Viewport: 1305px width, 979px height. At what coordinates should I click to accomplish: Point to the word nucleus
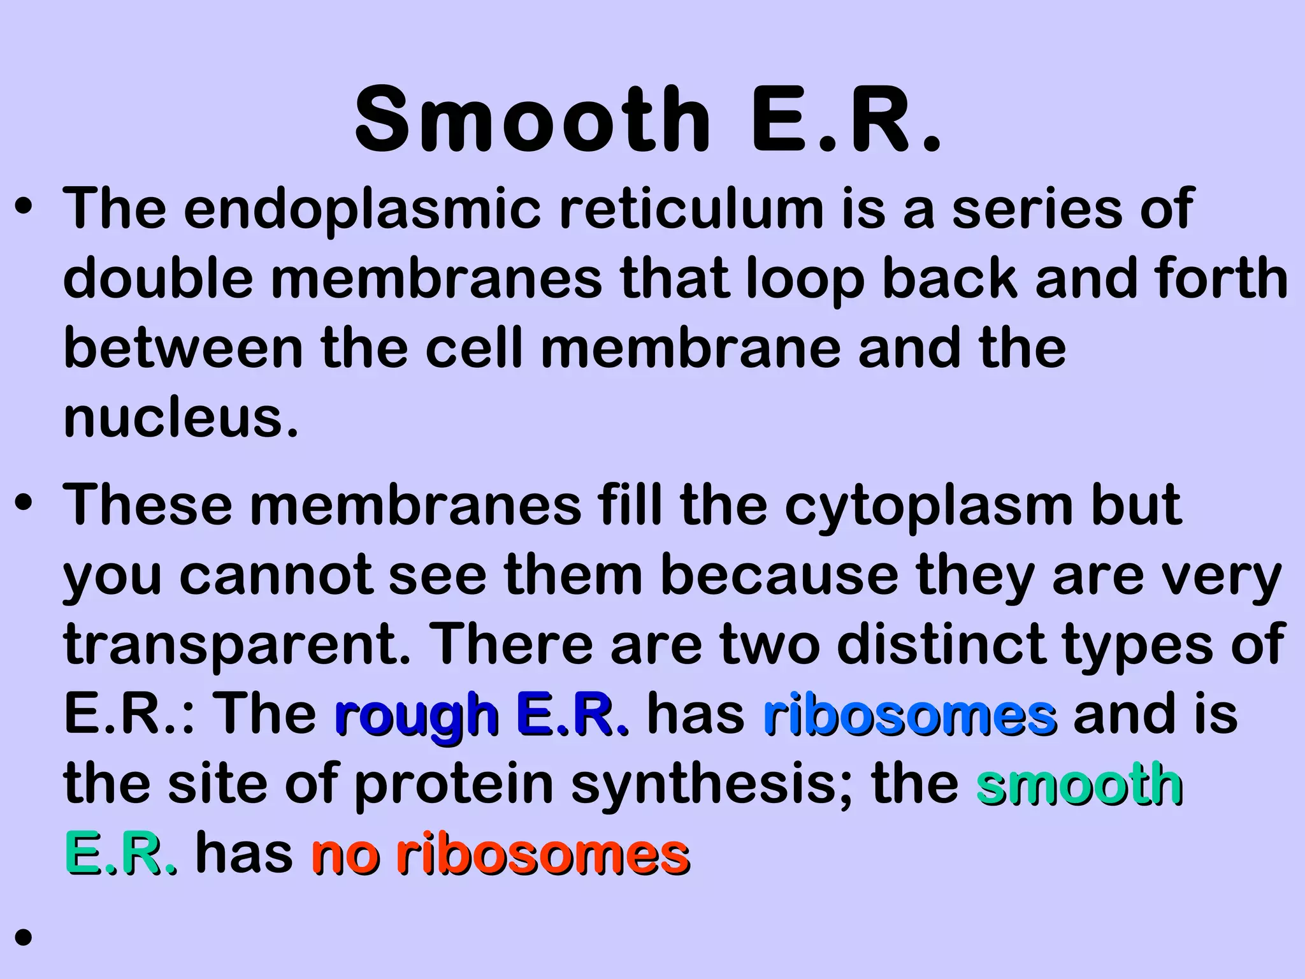click(181, 417)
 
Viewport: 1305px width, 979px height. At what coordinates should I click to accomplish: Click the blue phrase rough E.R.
click(482, 715)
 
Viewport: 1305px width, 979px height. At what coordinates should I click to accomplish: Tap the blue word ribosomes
click(910, 715)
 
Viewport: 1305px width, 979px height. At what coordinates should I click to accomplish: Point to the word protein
click(454, 785)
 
